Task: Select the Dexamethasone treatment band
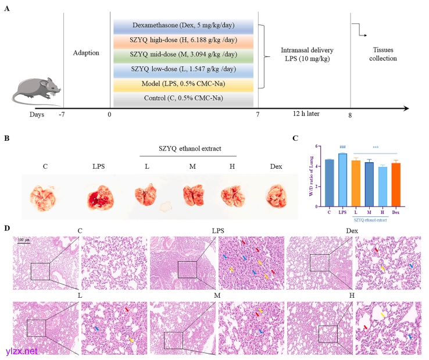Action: click(183, 26)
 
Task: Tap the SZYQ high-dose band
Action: click(183, 40)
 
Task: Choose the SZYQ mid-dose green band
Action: click(183, 55)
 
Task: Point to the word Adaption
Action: click(86, 53)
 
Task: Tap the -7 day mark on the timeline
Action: click(62, 115)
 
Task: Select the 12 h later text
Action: click(305, 114)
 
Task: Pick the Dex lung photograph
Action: click(276, 198)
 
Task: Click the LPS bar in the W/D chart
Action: click(342, 180)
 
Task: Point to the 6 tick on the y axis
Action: click(319, 146)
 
